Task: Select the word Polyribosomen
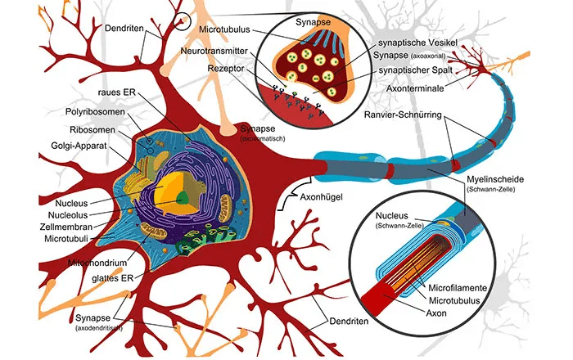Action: pos(95,111)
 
